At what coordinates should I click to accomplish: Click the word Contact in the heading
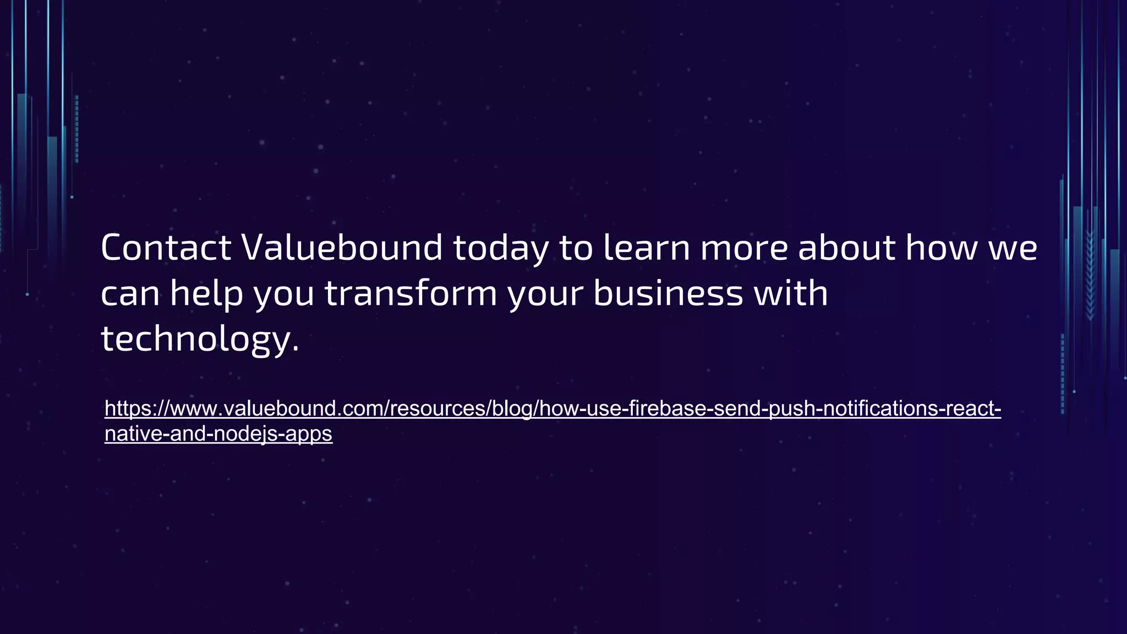click(166, 248)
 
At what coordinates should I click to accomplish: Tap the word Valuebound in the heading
click(342, 248)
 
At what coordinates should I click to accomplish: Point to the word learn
click(647, 248)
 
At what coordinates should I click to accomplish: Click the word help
click(206, 293)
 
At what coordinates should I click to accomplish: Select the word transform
click(411, 293)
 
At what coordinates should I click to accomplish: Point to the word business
click(668, 293)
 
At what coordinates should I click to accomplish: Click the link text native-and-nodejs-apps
click(218, 434)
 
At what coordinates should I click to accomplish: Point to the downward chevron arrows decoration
click(1090, 275)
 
